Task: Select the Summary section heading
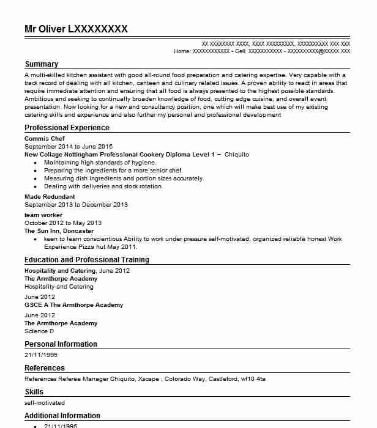41,64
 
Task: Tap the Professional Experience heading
67,128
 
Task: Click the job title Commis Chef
44,139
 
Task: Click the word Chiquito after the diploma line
237,155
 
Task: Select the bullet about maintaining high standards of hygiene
100,163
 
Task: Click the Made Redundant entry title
50,197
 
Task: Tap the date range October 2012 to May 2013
63,223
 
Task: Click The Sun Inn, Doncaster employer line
59,231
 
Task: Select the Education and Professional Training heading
86,260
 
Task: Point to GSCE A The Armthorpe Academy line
73,305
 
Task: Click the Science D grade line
39,331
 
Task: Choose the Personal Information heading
61,344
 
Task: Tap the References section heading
44,368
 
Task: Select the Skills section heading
34,392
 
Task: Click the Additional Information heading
62,416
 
